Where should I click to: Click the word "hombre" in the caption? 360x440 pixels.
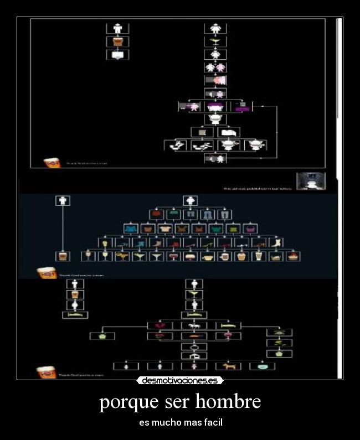228,401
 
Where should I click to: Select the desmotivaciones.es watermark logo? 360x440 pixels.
180,380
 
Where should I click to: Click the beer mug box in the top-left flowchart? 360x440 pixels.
117,42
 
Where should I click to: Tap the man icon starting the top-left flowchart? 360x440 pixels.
117,28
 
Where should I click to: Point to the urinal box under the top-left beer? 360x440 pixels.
117,55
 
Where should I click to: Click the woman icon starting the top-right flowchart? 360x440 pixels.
215,28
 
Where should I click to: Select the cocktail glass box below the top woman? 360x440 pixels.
215,42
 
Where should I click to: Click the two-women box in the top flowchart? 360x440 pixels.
215,67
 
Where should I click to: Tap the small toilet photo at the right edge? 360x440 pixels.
311,181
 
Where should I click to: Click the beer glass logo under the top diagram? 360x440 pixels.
53,163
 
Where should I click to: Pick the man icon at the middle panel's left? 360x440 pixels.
63,200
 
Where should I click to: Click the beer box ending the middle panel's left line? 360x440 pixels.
63,256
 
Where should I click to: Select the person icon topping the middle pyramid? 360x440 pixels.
191,200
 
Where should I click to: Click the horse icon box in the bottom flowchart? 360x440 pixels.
194,325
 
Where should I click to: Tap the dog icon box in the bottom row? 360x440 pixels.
228,366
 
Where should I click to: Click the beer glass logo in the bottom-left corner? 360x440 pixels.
47,372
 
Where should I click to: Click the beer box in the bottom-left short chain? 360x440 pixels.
75,294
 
